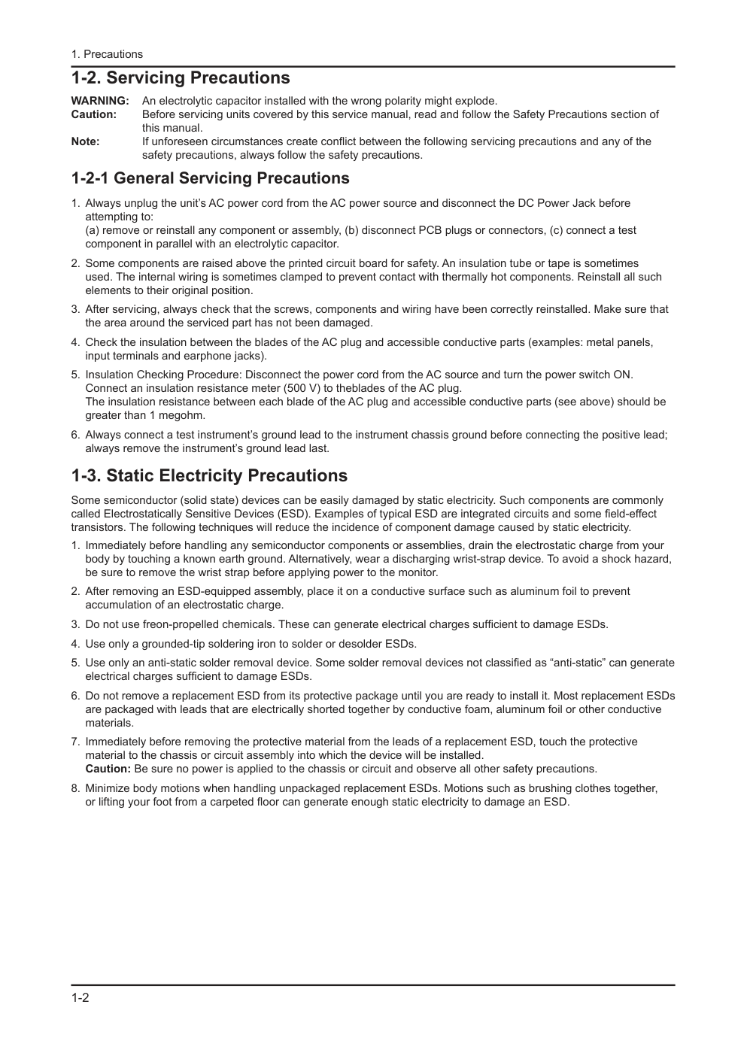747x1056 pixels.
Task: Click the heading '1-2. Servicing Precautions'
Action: pyautogui.click(x=181, y=78)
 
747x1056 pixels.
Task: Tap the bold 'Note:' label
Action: pyautogui.click(x=85, y=141)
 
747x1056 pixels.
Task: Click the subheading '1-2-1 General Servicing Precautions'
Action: pyautogui.click(x=210, y=178)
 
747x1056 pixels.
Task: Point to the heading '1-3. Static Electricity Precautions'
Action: pyautogui.click(x=209, y=475)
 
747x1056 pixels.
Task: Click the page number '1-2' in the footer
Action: pyautogui.click(x=80, y=998)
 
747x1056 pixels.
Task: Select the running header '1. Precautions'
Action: pyautogui.click(x=107, y=54)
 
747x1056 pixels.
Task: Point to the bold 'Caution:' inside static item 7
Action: pyautogui.click(x=108, y=769)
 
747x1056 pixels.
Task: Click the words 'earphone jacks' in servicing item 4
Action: pyautogui.click(x=228, y=356)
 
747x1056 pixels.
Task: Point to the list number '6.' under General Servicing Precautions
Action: pyautogui.click(x=75, y=435)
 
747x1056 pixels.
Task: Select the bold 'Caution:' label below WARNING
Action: pyautogui.click(x=93, y=114)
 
